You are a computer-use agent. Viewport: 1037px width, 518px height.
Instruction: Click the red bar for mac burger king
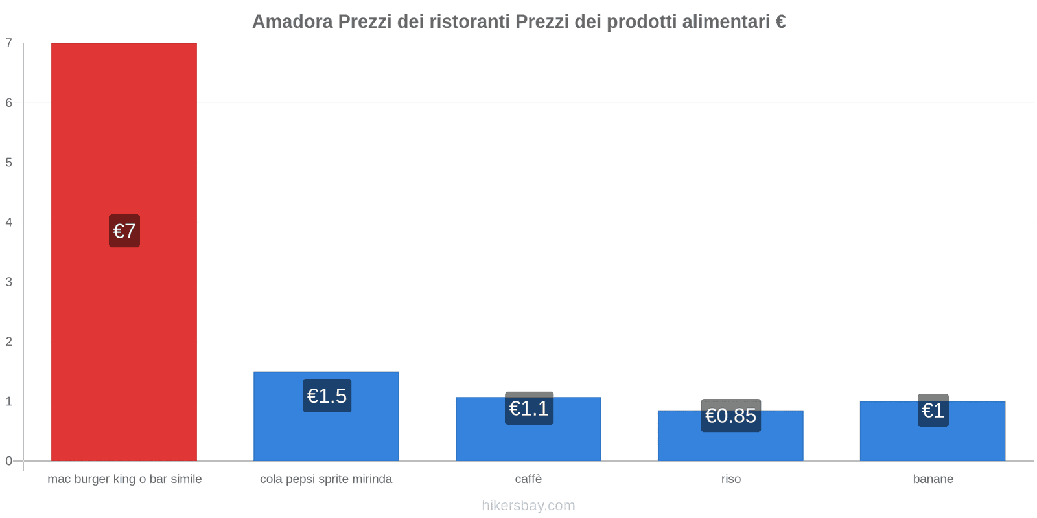coord(124,129)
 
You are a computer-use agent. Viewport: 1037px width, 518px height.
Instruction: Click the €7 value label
coord(124,231)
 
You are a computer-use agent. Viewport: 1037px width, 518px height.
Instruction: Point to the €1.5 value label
coord(327,396)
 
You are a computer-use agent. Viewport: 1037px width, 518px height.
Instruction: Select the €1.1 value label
coord(529,409)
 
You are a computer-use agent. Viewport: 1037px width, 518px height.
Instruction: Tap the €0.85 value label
coord(730,416)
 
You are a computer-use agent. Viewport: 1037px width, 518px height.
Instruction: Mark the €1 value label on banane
coord(933,411)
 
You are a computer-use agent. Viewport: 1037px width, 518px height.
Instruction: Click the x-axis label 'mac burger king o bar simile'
coord(124,479)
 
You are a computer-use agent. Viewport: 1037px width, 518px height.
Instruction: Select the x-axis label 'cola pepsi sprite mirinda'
coord(326,479)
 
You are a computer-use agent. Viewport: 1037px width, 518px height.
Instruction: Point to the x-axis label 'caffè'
coord(528,479)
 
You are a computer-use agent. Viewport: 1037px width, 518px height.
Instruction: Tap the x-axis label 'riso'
coord(730,479)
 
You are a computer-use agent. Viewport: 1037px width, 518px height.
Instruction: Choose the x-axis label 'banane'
coord(933,479)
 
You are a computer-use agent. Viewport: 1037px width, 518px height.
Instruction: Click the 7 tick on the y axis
coord(9,43)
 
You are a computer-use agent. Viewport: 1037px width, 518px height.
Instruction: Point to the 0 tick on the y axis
coord(9,461)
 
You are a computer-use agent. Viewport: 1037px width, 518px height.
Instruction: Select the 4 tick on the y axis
coord(9,222)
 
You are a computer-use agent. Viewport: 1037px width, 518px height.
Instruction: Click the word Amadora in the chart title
coord(292,22)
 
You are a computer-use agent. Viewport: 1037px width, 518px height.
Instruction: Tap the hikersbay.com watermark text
coord(528,506)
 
